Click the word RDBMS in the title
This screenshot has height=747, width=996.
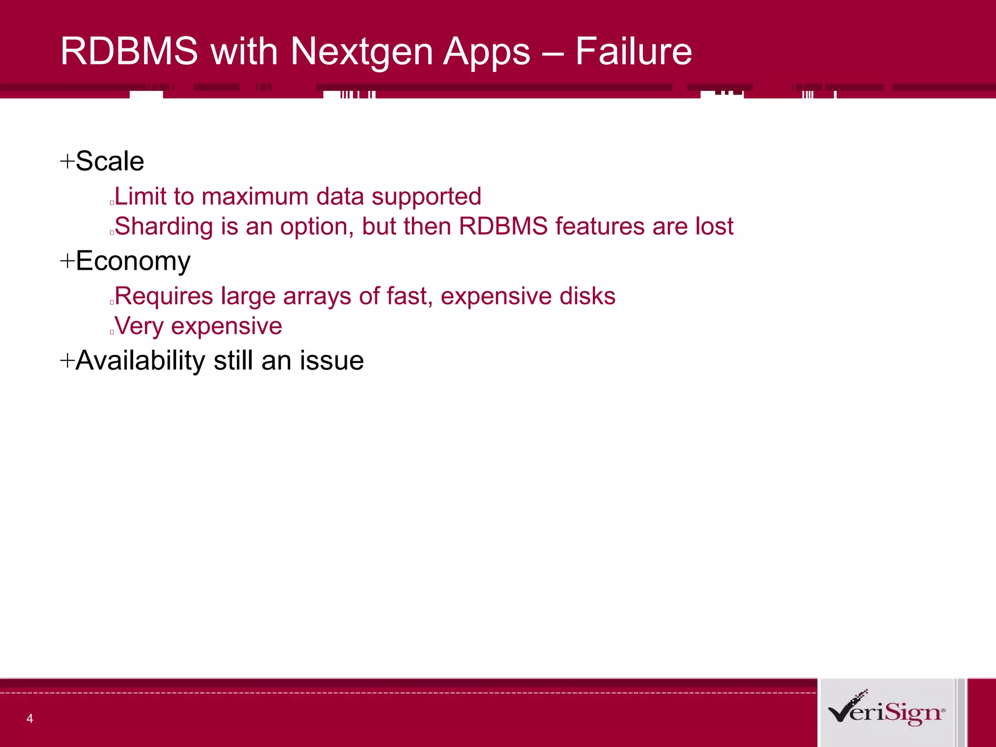(x=129, y=51)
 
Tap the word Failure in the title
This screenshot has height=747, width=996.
(x=633, y=51)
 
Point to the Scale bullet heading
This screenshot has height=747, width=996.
(x=110, y=161)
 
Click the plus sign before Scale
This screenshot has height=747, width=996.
(x=67, y=161)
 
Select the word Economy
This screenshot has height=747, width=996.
(x=133, y=261)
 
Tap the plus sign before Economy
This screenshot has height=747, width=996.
(x=67, y=261)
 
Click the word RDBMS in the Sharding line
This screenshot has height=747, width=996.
(x=503, y=226)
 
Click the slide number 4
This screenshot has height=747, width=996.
(x=30, y=718)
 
